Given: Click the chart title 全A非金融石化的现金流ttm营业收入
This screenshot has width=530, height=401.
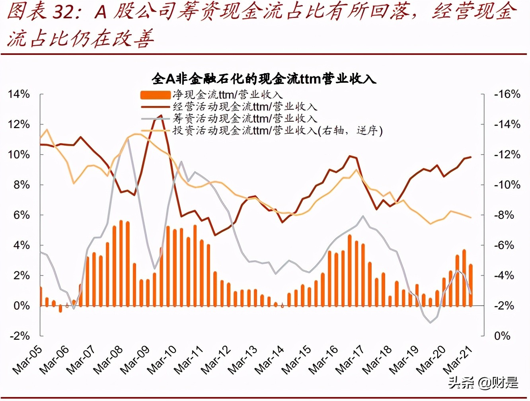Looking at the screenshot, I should coord(264,78).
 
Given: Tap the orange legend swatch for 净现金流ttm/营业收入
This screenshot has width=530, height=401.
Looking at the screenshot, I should coord(155,95).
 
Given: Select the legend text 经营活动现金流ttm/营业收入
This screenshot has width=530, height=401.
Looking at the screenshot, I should coord(245,107).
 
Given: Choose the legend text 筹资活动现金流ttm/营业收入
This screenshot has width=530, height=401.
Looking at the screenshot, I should coord(245,119).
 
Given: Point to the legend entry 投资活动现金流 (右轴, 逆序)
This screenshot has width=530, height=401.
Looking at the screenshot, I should coord(277,130).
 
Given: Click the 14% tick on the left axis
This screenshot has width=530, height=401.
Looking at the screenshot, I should coord(19,94).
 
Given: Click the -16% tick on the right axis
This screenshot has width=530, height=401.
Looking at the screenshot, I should coord(507,94).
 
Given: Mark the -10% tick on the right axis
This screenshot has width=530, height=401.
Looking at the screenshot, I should coord(507,185).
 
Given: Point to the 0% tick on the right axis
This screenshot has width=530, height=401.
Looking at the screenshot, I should coord(502,336).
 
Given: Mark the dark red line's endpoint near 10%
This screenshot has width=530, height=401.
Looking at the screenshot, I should coord(471,157).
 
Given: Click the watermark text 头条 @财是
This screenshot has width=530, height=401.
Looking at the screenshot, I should coord(483,383).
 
